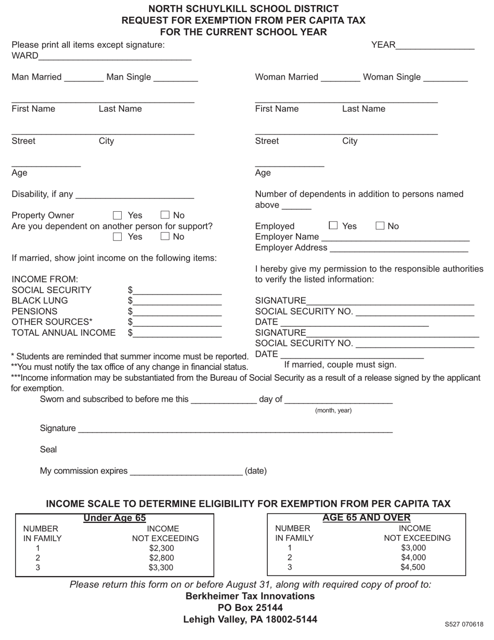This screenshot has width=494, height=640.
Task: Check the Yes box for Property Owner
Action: pos(117,215)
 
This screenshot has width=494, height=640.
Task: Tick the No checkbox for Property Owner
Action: pos(165,215)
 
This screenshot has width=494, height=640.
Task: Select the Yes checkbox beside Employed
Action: pos(333,225)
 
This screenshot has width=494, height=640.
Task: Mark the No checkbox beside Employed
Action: pos(380,225)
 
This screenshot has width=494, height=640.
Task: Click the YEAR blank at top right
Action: pos(435,46)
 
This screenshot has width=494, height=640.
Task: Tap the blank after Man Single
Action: pos(176,78)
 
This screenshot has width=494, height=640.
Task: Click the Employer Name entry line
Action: pos(395,237)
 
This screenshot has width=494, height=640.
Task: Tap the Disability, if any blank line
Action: pos(135,195)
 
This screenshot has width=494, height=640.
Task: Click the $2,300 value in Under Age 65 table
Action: pos(161,548)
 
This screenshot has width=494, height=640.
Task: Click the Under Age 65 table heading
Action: pos(114,518)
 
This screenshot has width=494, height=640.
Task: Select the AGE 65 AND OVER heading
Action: pos(367,517)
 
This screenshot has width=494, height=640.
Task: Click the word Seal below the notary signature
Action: pos(48,450)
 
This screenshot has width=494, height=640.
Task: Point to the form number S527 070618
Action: pos(464,624)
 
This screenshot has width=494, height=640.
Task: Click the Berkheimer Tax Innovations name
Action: pos(250,596)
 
